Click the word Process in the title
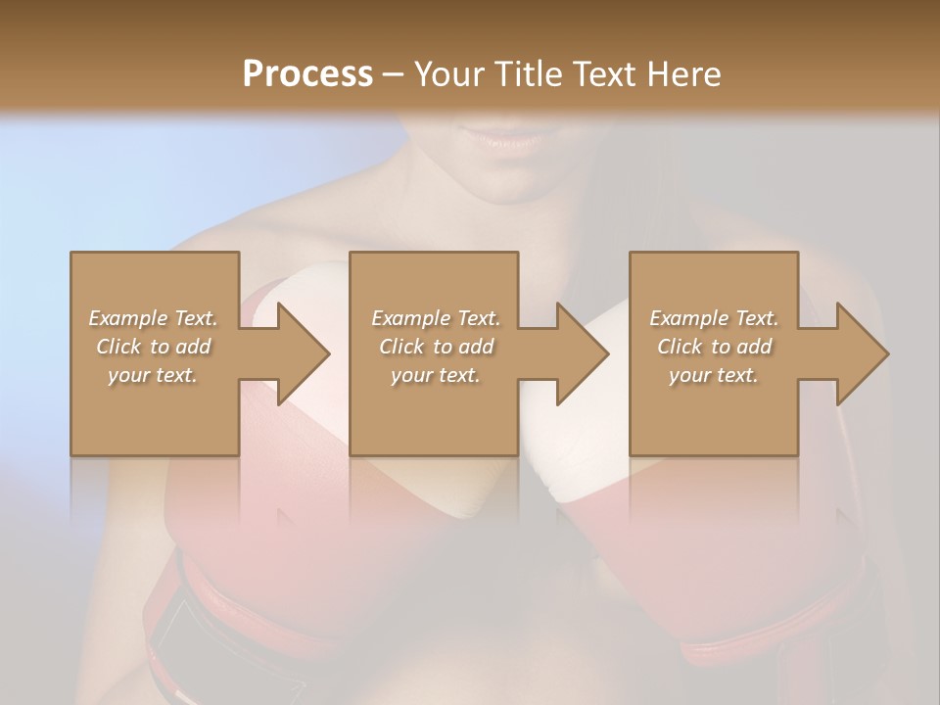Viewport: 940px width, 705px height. coord(307,73)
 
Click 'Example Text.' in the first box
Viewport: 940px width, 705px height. coord(153,318)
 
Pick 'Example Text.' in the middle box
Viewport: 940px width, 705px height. coord(436,318)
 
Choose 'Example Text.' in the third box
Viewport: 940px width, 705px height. coord(714,318)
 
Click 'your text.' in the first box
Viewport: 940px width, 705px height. coord(153,375)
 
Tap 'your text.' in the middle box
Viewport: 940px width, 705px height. coord(436,375)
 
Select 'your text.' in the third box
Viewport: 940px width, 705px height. coord(714,375)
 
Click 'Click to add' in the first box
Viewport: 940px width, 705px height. coord(153,347)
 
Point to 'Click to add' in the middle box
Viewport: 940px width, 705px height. coord(436,347)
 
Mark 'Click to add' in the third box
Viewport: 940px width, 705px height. coord(714,347)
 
